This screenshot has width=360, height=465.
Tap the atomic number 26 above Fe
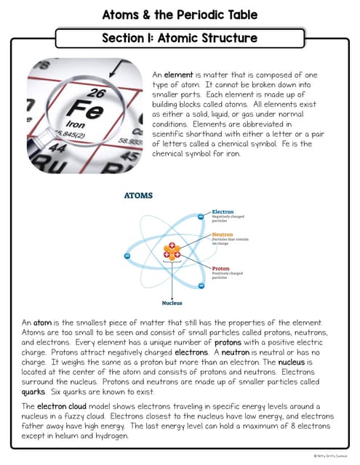click(95, 94)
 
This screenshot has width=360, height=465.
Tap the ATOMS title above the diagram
click(138, 195)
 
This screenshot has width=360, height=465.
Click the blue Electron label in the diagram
click(222, 212)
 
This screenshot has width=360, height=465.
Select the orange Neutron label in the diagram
click(222, 235)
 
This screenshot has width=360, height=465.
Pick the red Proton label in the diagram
click(220, 268)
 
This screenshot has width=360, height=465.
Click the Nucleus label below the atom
click(172, 303)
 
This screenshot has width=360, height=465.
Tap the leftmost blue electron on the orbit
click(127, 256)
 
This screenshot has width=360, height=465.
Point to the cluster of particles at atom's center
click(172, 251)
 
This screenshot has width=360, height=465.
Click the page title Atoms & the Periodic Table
click(180, 15)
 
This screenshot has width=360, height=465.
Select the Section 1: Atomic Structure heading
click(179, 37)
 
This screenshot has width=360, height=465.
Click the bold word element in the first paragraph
click(177, 75)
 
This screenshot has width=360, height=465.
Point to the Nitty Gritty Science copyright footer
click(332, 456)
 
